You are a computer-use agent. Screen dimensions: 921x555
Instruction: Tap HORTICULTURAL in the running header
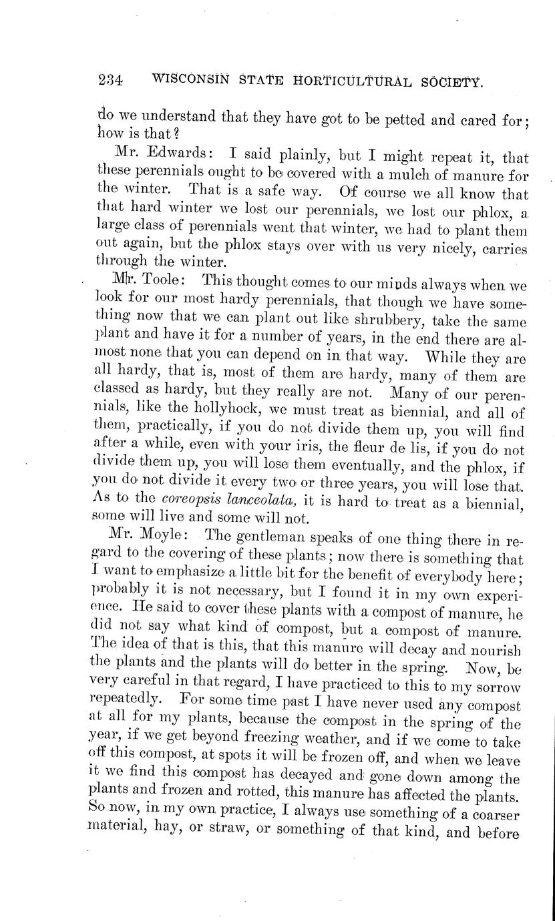click(x=352, y=81)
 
